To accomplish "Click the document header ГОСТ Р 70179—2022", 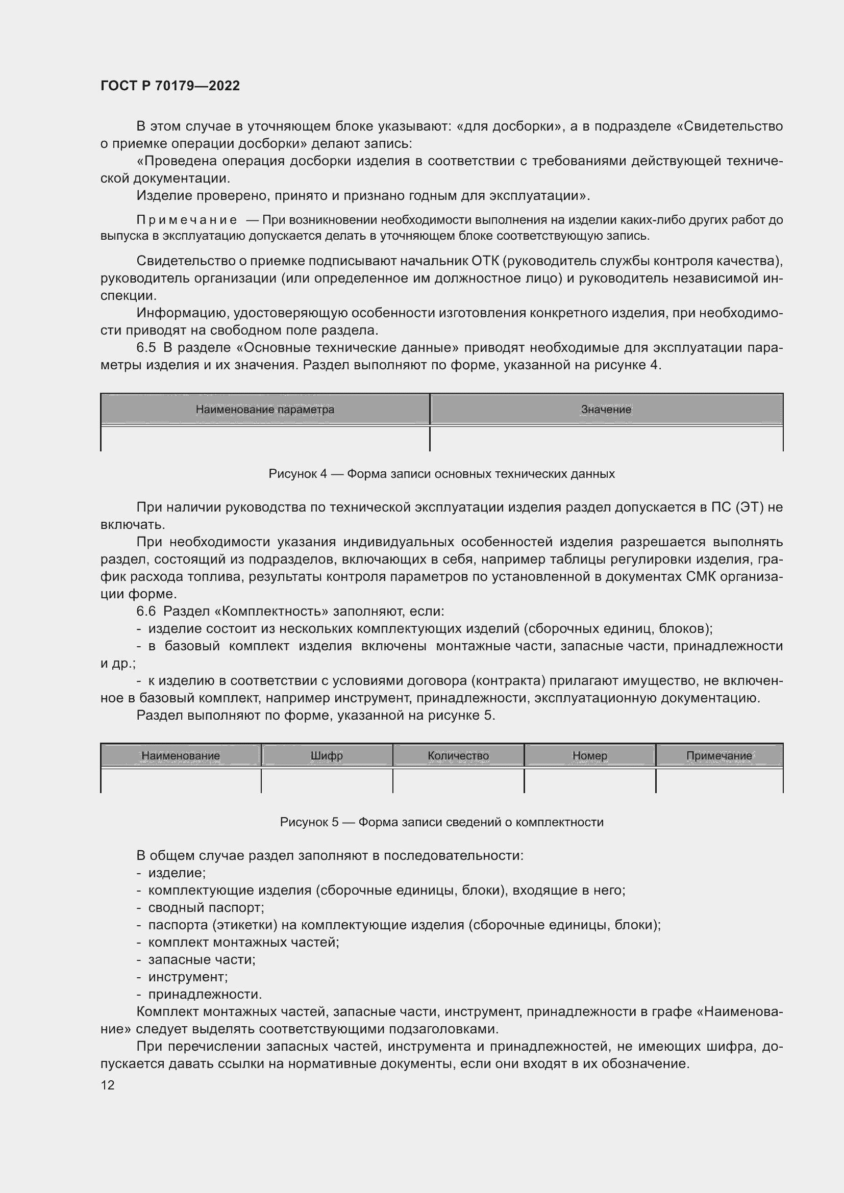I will (170, 86).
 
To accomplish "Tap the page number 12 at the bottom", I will (108, 1085).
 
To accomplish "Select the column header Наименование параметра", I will (264, 410).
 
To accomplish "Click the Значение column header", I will (606, 410).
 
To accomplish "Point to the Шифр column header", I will (327, 755).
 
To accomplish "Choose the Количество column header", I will (458, 755).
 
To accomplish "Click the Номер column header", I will (589, 755).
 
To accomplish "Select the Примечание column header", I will (719, 755).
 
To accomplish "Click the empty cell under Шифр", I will (327, 780).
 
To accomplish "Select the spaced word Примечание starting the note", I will (187, 220).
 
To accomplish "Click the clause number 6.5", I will (146, 348).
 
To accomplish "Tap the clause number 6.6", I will (146, 611).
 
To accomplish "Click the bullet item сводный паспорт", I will (206, 908).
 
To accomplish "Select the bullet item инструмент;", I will (188, 977).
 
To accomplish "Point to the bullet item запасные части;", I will (202, 960).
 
